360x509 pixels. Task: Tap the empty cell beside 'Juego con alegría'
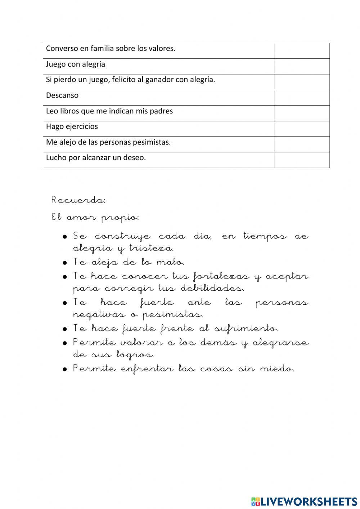click(x=302, y=66)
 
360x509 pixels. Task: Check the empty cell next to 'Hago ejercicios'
click(x=302, y=129)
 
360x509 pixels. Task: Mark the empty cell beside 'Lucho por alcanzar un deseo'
click(x=302, y=160)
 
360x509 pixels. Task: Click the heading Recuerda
click(x=78, y=200)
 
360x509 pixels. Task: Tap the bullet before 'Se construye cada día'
click(x=65, y=237)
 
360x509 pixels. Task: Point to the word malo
click(x=170, y=263)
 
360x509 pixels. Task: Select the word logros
click(x=135, y=355)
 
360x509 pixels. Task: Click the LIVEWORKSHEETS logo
click(x=304, y=501)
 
